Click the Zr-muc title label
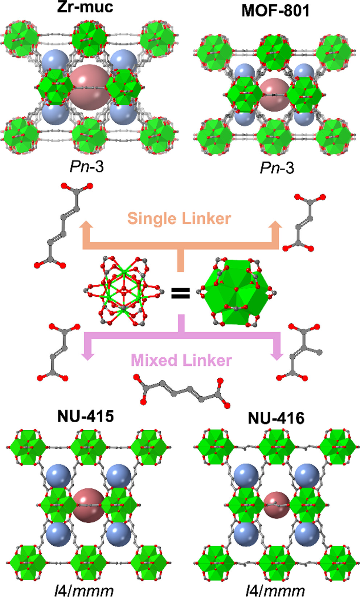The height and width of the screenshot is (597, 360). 85,7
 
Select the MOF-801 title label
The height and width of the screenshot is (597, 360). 276,11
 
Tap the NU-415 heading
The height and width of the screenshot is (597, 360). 86,416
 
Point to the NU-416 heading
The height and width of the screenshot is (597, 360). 276,418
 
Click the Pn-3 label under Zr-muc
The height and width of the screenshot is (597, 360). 87,167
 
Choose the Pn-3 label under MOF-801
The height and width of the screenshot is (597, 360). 277,168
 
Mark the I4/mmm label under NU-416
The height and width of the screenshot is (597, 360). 275,590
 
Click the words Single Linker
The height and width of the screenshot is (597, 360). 179,219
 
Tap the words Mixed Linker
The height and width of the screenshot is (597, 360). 181,360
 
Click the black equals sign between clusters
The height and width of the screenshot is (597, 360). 180,293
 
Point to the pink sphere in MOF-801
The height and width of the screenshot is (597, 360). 274,93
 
